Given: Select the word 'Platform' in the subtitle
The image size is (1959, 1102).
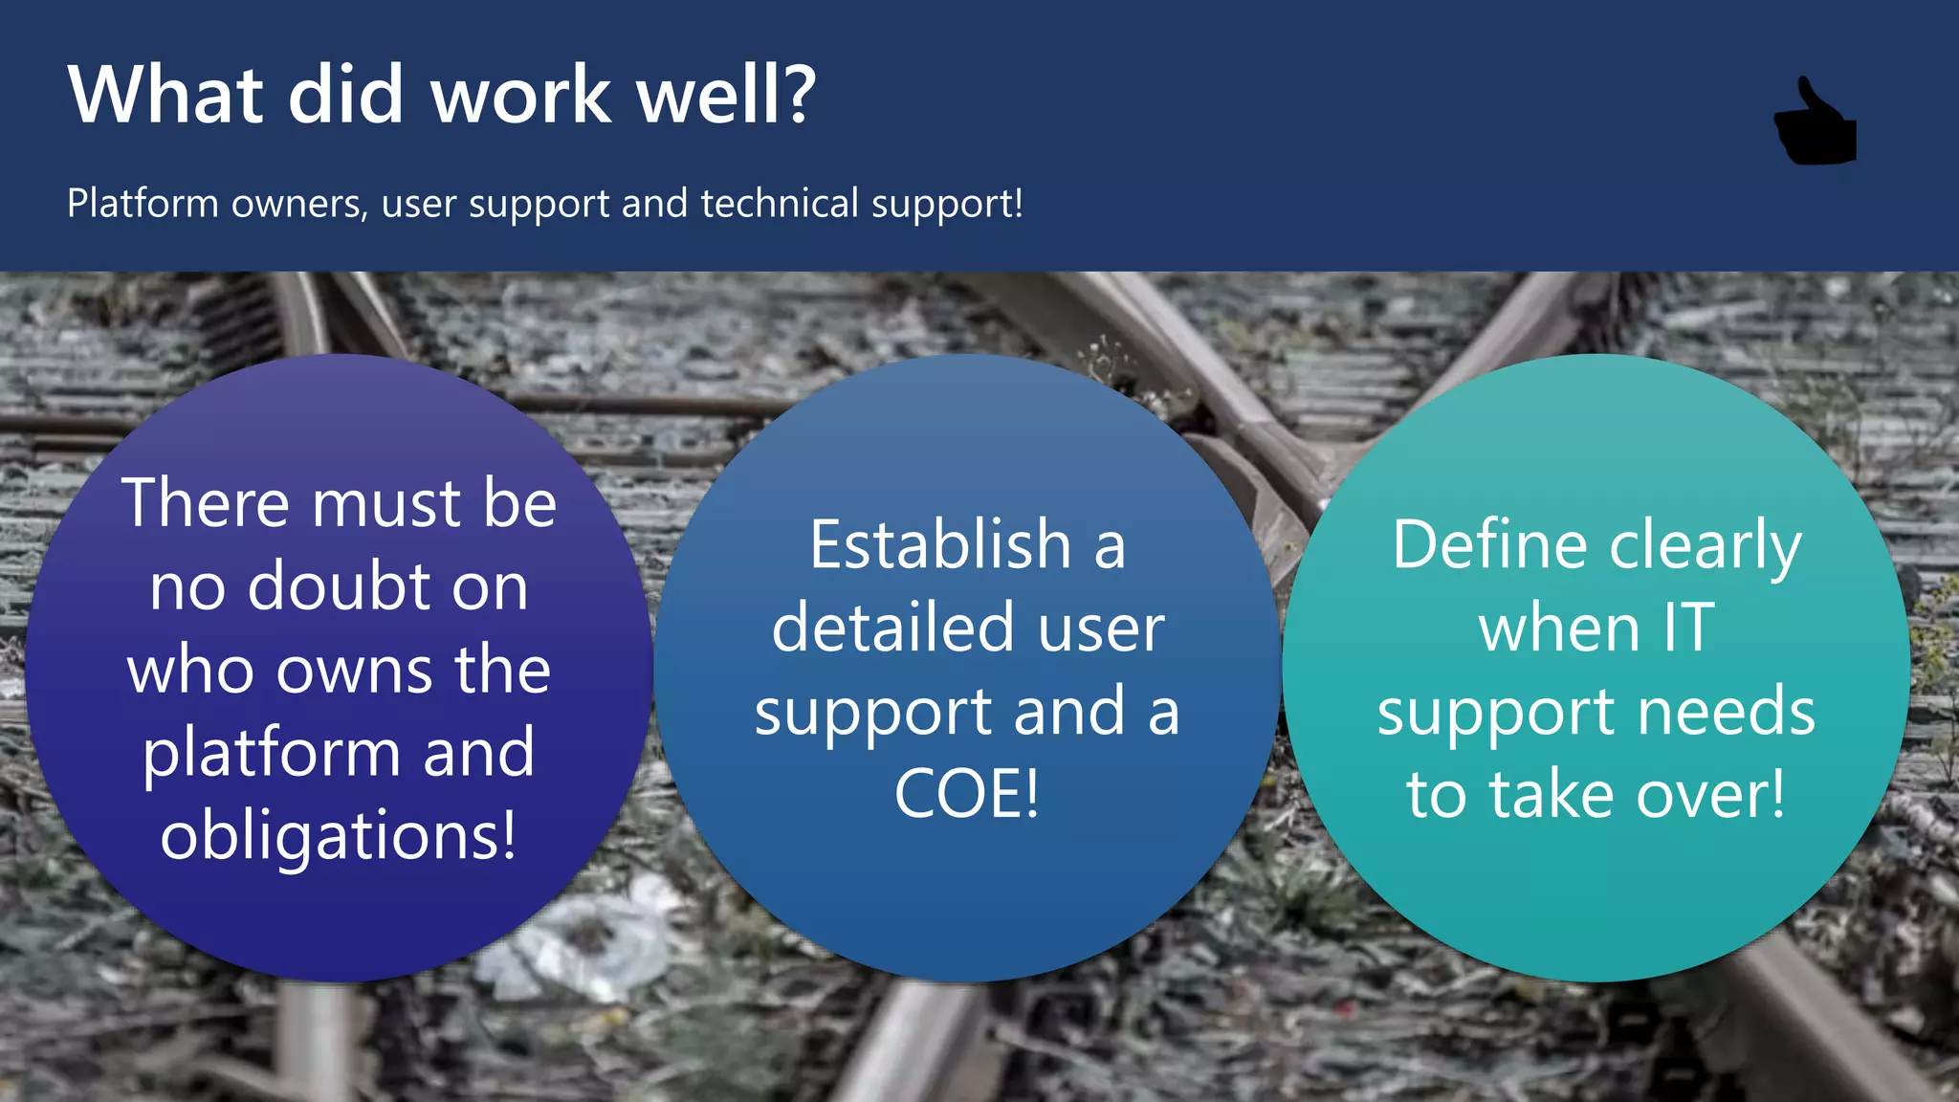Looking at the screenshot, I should [143, 204].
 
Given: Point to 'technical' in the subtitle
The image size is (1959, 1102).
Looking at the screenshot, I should [780, 204].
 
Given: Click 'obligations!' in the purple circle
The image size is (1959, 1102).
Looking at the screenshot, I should [339, 835].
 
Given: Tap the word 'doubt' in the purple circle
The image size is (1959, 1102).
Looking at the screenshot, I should [340, 586].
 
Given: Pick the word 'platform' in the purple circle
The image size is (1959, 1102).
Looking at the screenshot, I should [271, 753].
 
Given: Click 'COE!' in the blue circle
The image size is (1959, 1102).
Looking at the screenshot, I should [967, 794].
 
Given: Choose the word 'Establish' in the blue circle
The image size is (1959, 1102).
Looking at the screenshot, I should [940, 544].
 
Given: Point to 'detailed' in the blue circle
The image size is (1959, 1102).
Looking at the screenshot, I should [892, 628].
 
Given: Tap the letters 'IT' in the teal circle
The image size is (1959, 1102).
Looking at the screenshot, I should [1687, 628].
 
